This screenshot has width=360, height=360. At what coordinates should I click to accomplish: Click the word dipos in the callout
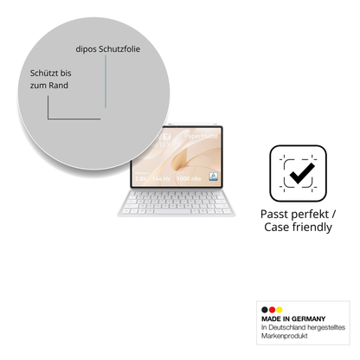pyautogui.click(x=87, y=49)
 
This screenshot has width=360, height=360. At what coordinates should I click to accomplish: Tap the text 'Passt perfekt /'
pyautogui.click(x=299, y=213)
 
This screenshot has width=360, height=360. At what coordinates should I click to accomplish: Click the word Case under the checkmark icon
pyautogui.click(x=278, y=227)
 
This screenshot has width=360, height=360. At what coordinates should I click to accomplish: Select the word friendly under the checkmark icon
pyautogui.click(x=312, y=227)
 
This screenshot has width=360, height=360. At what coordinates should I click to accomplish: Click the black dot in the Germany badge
pyautogui.click(x=263, y=310)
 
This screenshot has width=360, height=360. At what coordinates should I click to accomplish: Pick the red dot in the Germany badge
pyautogui.click(x=271, y=310)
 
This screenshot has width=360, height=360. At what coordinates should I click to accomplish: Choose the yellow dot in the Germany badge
pyautogui.click(x=279, y=310)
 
